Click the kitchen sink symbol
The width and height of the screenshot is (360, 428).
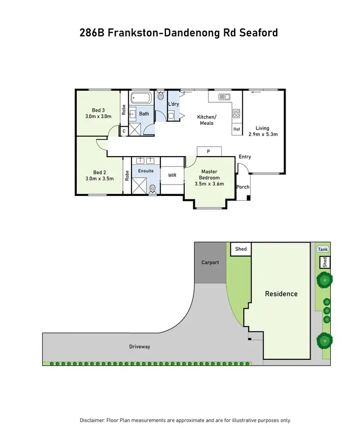(224, 97)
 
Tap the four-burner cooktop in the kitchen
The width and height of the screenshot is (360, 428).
(237, 114)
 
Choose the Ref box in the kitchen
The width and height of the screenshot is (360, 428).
(237, 129)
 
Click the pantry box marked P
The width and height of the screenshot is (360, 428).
(208, 151)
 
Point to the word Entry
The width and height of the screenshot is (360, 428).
(245, 157)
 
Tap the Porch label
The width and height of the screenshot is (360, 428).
(243, 187)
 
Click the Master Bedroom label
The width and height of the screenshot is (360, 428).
(210, 174)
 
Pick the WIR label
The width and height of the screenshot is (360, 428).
(172, 175)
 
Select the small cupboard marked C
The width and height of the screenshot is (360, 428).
(123, 131)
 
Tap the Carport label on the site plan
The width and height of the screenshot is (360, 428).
(210, 262)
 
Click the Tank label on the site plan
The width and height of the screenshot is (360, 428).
(323, 249)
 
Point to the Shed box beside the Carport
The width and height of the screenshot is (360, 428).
(241, 249)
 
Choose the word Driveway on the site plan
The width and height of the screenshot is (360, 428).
(140, 346)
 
